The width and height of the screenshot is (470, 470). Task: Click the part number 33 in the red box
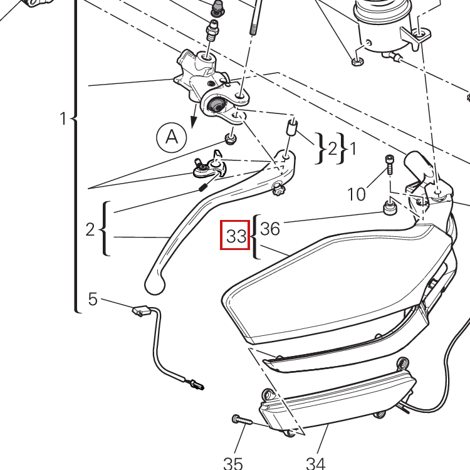[236, 236]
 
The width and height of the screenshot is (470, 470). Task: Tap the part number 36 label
[270, 229]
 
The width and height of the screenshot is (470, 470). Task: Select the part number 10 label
[357, 194]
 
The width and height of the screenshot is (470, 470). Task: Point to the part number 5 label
[93, 299]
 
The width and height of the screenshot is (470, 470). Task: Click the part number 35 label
[233, 463]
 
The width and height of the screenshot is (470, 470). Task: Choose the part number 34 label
[316, 463]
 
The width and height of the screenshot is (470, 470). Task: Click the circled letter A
[172, 137]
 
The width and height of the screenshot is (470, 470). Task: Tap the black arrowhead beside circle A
[194, 122]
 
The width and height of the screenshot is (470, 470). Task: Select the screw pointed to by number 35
[243, 420]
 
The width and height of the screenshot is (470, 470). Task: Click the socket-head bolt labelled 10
[389, 164]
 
